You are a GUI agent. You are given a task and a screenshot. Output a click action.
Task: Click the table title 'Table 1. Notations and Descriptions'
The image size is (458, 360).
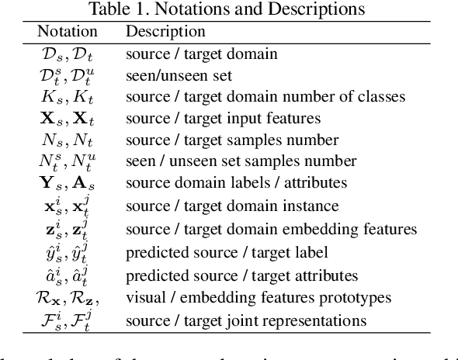[x=229, y=10]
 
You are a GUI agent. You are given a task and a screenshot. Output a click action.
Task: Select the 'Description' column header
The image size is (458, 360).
[x=165, y=32]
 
